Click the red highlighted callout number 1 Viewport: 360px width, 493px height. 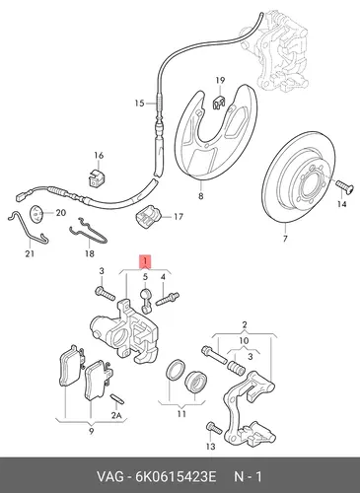(x=145, y=261)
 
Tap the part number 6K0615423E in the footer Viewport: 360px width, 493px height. (x=176, y=476)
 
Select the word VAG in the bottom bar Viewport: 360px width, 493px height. (x=110, y=476)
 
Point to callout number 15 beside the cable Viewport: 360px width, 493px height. (x=139, y=104)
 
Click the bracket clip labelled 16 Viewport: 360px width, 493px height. (x=97, y=177)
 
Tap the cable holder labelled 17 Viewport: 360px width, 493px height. (x=148, y=216)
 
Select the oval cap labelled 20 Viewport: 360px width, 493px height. (x=36, y=214)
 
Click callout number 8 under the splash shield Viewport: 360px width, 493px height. (x=200, y=196)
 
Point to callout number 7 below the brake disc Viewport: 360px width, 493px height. (x=285, y=239)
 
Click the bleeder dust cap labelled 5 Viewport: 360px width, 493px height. (x=145, y=300)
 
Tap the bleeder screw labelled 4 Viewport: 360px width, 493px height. (x=167, y=299)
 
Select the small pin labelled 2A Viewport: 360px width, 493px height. (x=117, y=397)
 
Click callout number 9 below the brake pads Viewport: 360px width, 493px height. (x=91, y=431)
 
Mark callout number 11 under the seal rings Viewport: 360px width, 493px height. (x=181, y=414)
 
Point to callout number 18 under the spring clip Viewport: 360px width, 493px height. (x=89, y=253)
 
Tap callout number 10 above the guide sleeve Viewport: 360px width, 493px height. (x=244, y=340)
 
